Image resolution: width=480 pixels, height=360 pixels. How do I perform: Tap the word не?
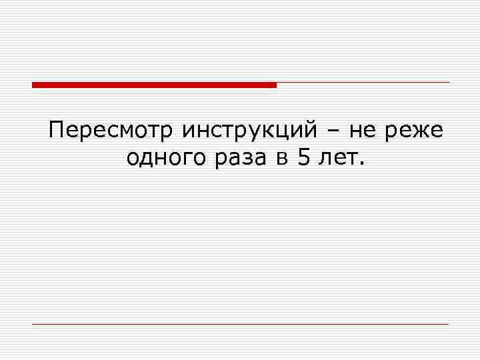[x=363, y=131]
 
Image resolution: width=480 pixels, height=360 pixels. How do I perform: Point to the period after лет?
[x=362, y=165]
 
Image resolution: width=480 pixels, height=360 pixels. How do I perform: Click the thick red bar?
[x=154, y=85]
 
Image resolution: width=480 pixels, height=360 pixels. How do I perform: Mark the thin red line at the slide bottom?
[x=240, y=324]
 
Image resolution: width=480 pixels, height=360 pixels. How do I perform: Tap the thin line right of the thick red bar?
[x=363, y=83]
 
